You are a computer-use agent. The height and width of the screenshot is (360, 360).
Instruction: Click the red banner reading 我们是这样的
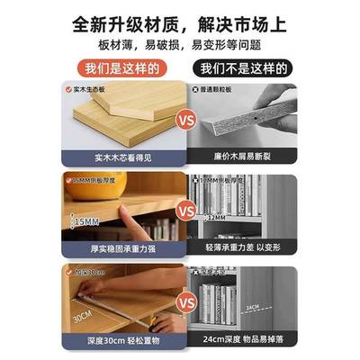coord(122,68)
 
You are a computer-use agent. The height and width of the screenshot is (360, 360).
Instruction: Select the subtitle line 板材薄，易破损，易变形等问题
coord(180,43)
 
